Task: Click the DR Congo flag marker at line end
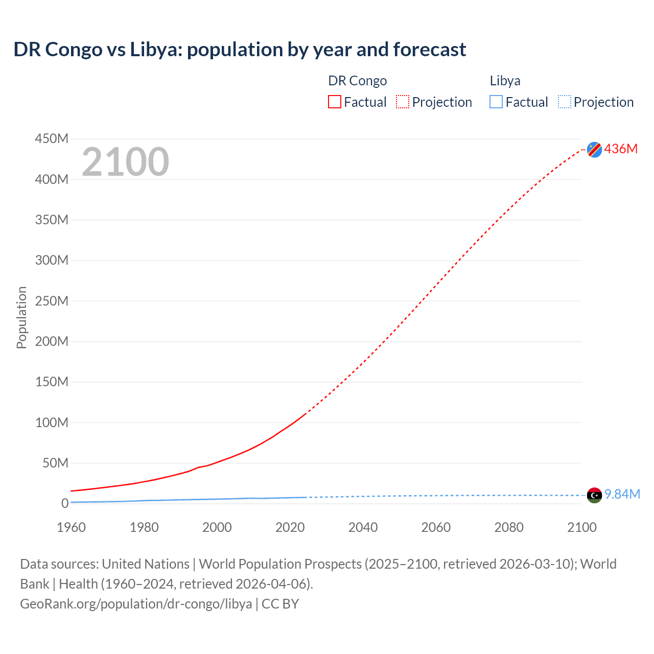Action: point(594,149)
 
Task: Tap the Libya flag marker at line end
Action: point(594,495)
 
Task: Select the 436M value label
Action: point(621,149)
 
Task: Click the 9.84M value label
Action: point(622,494)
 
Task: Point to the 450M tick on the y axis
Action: point(52,138)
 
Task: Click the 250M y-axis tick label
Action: point(52,301)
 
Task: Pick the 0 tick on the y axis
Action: point(65,503)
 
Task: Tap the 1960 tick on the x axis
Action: point(71,527)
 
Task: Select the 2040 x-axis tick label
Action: point(363,527)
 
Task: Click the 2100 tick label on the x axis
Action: point(581,527)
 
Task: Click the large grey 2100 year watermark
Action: point(125,162)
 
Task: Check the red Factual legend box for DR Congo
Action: point(335,102)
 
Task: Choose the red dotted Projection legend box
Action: point(403,102)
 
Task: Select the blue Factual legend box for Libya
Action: point(496,102)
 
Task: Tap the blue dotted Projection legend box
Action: point(565,102)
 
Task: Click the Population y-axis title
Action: point(21,317)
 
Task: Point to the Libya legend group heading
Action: point(505,81)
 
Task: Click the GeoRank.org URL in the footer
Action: point(136,604)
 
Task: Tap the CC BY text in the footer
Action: point(280,604)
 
